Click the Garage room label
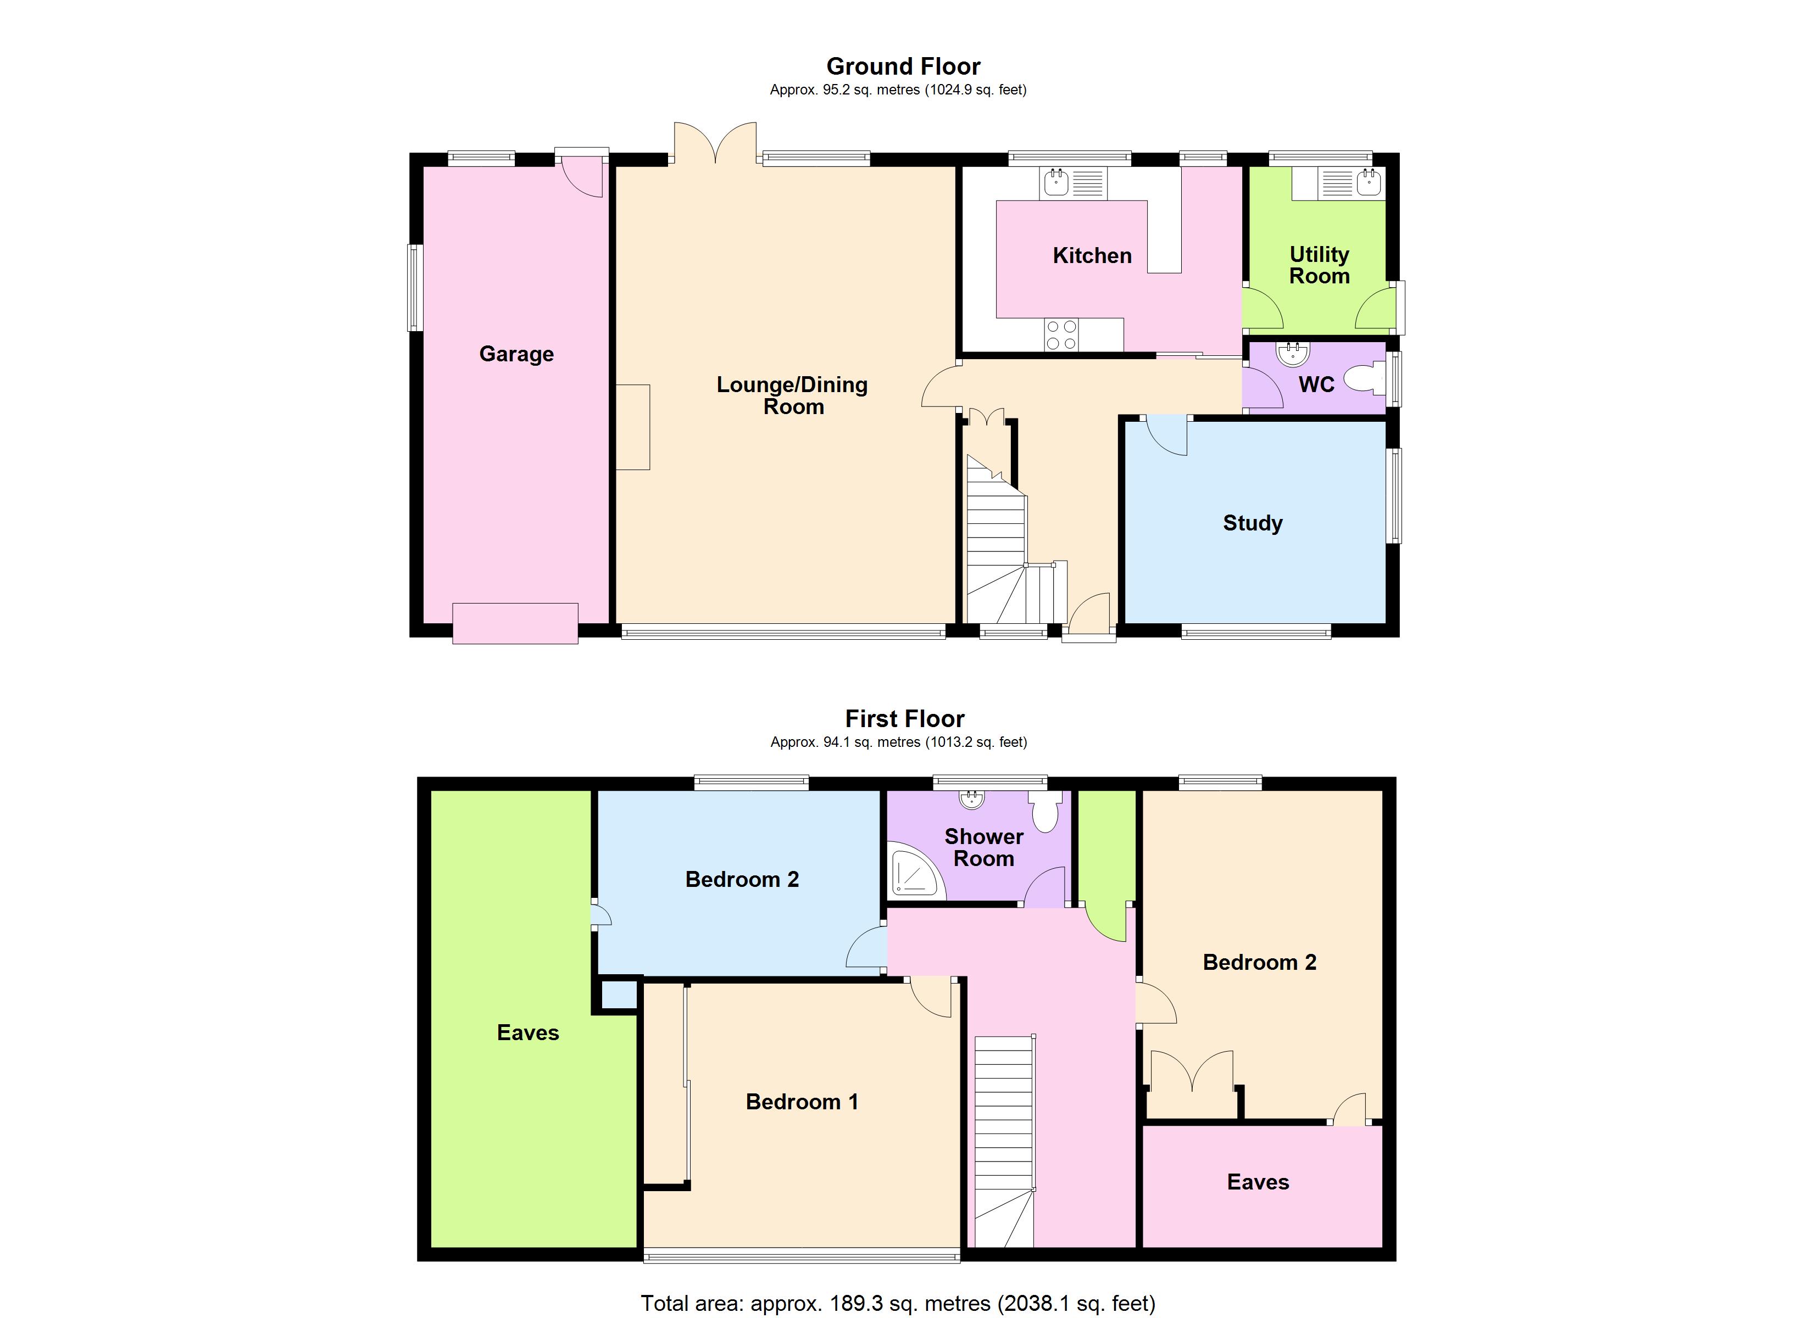(516, 354)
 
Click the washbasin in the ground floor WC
(1293, 353)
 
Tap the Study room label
(1253, 523)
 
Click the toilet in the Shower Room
(1045, 811)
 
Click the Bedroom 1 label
(802, 1102)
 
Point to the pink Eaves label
(1258, 1182)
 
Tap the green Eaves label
(527, 1032)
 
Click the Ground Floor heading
(903, 66)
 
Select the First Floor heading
(905, 718)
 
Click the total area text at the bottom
(898, 1304)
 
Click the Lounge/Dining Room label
(792, 395)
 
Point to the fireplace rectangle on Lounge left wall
(632, 427)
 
